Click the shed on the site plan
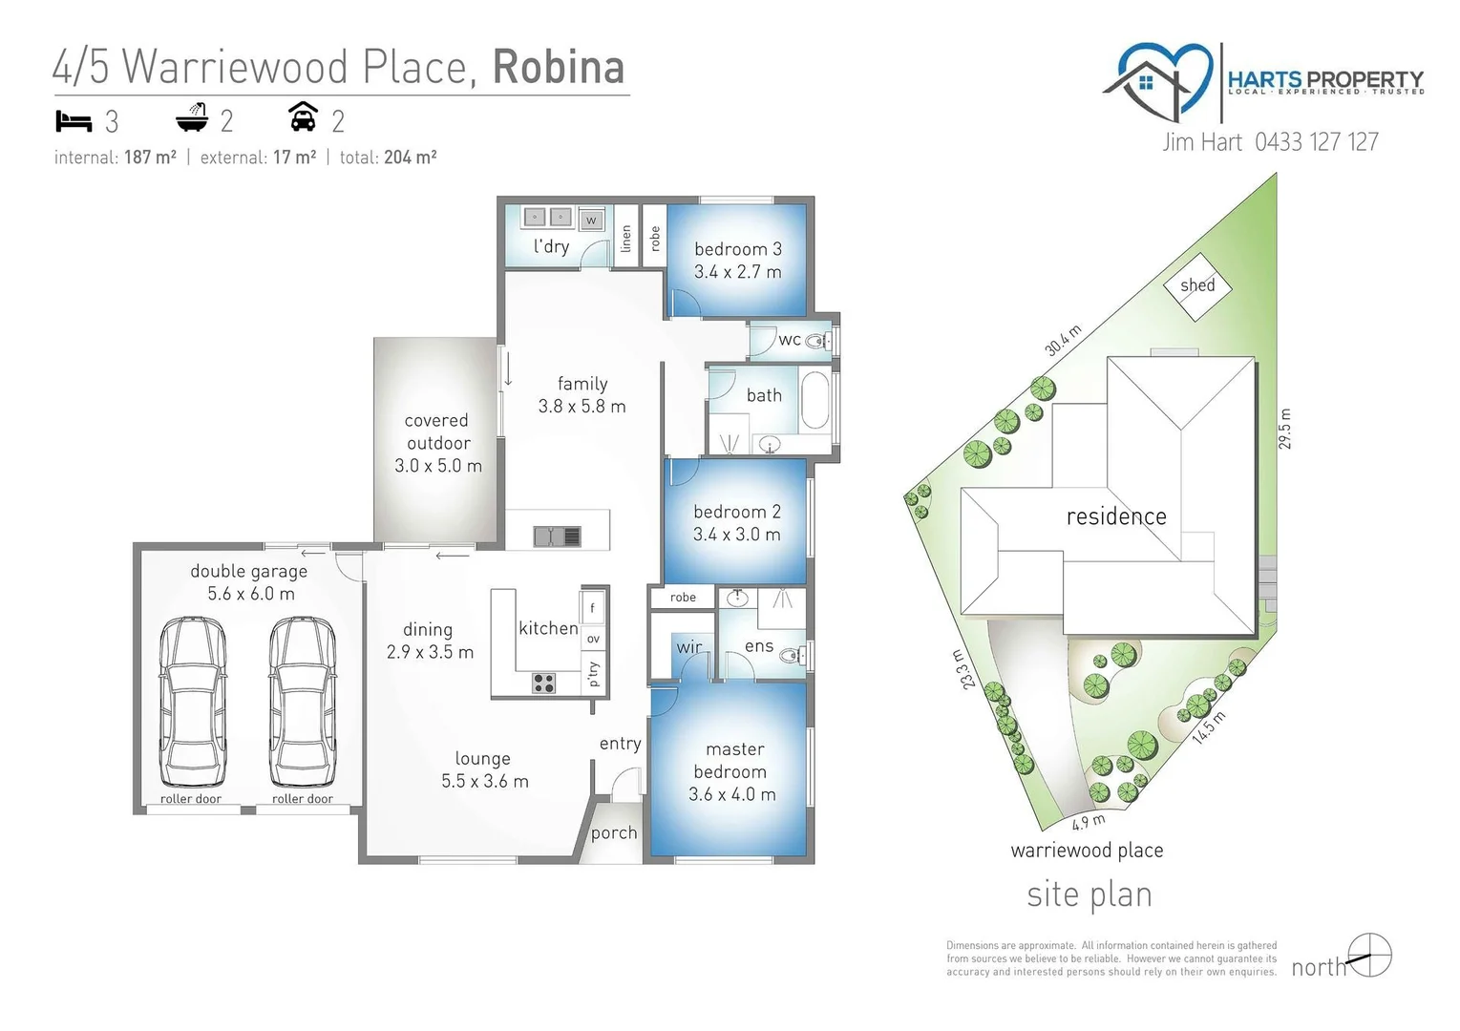click(1197, 284)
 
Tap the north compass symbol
click(1370, 955)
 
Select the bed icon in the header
click(73, 121)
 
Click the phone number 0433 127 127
click(1316, 142)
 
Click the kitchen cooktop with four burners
click(543, 683)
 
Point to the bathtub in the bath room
click(815, 401)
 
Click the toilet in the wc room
click(817, 340)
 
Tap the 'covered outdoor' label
click(437, 431)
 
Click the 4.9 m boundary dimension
click(1088, 822)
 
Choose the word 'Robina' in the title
click(559, 67)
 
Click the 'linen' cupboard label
click(626, 238)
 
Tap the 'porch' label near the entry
click(613, 832)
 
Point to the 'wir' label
click(688, 647)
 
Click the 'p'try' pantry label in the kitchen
click(594, 673)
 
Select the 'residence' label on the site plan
click(1115, 516)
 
